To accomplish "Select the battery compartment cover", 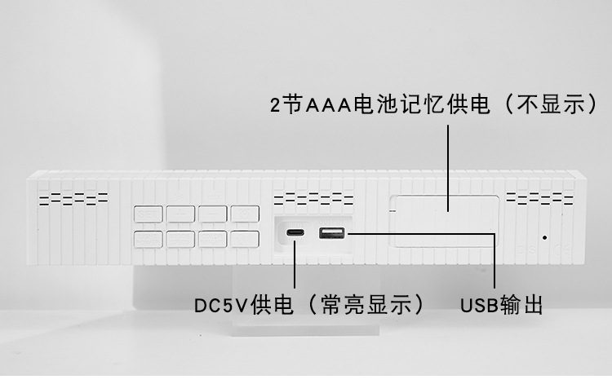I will click(445, 220).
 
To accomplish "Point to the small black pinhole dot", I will click(545, 237).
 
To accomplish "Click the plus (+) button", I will click(180, 214).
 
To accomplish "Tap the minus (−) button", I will click(212, 214).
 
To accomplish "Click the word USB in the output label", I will click(477, 306).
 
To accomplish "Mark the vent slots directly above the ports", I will click(313, 199).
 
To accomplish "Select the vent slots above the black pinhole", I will click(539, 199).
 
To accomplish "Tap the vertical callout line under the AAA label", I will click(447, 163).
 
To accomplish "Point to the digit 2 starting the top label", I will click(276, 105).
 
